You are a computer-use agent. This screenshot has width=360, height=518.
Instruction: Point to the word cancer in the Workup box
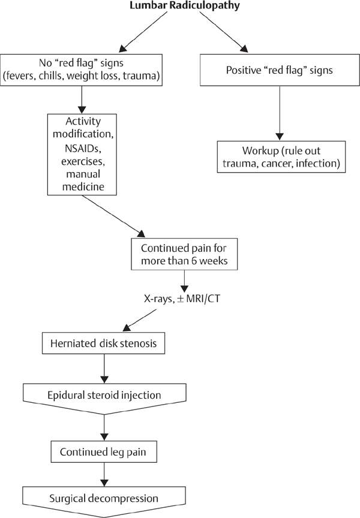click(287, 162)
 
